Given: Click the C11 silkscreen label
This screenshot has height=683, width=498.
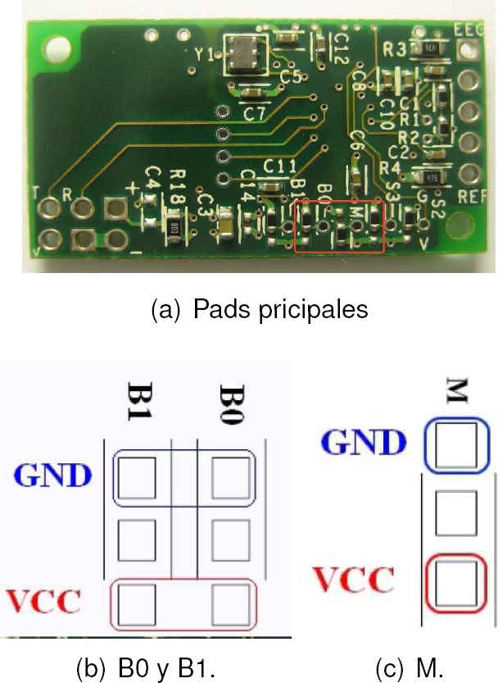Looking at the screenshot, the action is pos(278,166).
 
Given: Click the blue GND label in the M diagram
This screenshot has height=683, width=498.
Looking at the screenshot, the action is pos(362,443).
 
